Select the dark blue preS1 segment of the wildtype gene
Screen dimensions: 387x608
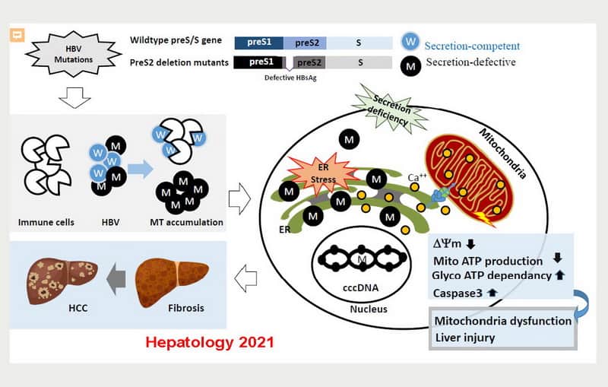tap(259, 43)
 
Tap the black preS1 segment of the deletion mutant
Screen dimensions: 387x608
tap(259, 62)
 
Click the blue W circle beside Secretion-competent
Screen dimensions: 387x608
tap(410, 43)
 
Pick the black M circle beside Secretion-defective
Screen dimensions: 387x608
tap(410, 66)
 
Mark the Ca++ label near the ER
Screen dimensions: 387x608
tap(418, 177)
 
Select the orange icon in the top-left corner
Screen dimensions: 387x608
tap(16, 34)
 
